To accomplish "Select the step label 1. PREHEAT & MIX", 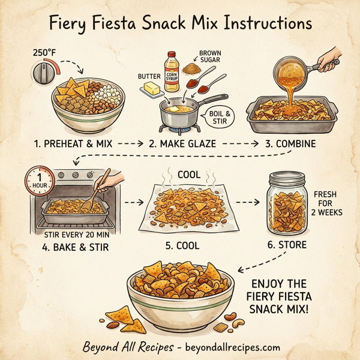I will click(70, 145).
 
